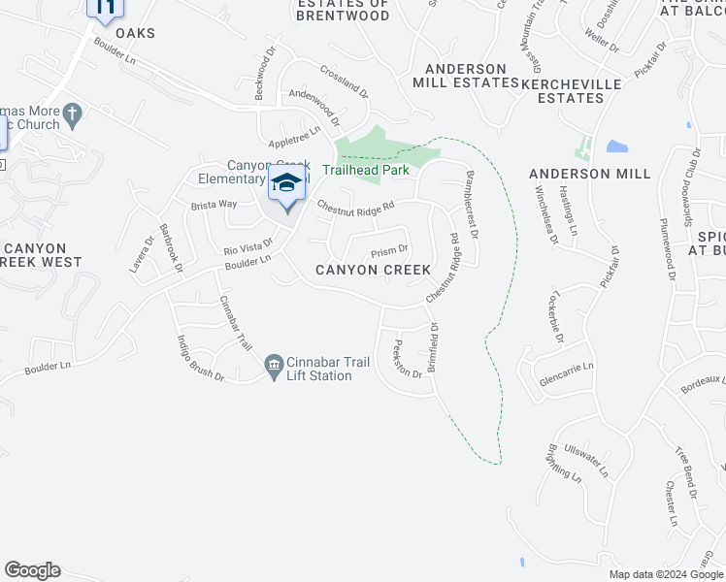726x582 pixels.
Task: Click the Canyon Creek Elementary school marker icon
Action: point(286,184)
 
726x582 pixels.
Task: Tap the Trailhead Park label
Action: point(365,170)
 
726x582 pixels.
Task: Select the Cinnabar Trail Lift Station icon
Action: point(273,367)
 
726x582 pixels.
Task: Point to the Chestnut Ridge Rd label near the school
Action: point(355,206)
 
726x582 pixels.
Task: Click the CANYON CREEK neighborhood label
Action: point(371,270)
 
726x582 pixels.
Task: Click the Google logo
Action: point(32,570)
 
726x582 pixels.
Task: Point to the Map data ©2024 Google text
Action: point(665,574)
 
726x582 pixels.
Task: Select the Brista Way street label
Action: point(214,205)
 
